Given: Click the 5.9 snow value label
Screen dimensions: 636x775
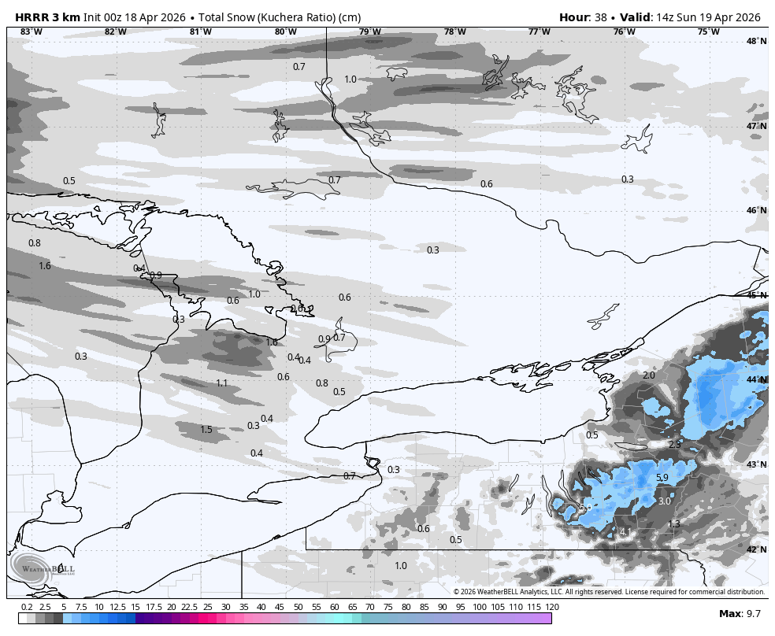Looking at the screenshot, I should tap(662, 478).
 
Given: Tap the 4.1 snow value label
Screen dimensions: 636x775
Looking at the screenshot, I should tap(625, 533).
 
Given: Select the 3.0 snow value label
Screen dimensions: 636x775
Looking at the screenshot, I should tap(664, 501).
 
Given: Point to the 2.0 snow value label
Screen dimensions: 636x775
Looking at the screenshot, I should tap(649, 375).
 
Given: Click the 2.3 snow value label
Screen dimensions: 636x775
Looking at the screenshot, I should tap(674, 445).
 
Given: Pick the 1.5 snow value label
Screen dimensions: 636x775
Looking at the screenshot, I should tap(206, 430).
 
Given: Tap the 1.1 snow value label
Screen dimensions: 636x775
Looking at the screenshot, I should tap(222, 383).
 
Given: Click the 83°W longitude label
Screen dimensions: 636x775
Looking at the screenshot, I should tap(32, 31).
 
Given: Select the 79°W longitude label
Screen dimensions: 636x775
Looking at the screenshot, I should tap(370, 31).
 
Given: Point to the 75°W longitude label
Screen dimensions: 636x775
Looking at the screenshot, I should tap(708, 31).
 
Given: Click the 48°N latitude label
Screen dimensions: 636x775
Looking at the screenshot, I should tap(756, 41).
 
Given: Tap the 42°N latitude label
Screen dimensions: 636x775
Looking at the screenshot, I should tap(756, 549).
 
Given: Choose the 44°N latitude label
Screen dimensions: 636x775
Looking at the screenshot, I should tap(756, 380).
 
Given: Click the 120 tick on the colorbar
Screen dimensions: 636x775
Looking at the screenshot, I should tap(552, 607).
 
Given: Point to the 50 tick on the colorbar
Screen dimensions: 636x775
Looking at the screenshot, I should tap(298, 607).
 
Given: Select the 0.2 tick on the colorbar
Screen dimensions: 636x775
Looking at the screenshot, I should tap(27, 607).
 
